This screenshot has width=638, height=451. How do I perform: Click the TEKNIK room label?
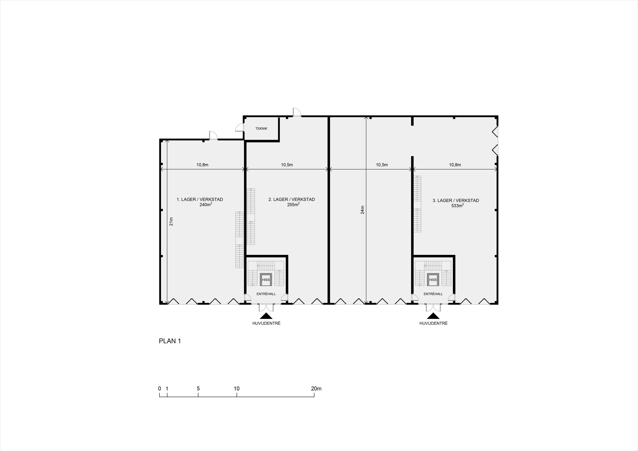(x=261, y=129)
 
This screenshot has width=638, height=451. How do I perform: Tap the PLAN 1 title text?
(x=170, y=341)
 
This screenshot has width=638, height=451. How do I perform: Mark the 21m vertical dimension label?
(x=171, y=222)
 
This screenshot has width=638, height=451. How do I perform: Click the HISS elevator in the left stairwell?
(x=266, y=280)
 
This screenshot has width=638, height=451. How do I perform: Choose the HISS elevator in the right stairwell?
(x=433, y=280)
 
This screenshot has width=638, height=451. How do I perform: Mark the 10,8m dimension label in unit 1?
(x=202, y=165)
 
